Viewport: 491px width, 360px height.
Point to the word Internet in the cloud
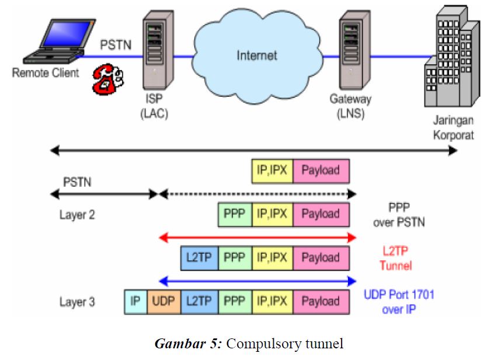pyautogui.click(x=257, y=56)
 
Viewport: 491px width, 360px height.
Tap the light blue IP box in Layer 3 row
pyautogui.click(x=135, y=302)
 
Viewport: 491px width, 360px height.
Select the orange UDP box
pyautogui.click(x=164, y=302)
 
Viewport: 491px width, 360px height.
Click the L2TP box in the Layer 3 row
pyautogui.click(x=199, y=302)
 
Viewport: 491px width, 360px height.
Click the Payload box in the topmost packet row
pyautogui.click(x=321, y=170)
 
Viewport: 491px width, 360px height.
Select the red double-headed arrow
pyautogui.click(x=257, y=237)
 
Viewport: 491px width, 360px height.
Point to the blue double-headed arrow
pyautogui.click(x=257, y=281)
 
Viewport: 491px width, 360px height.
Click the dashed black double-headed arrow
pyautogui.click(x=257, y=194)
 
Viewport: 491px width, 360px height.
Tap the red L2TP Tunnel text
pyautogui.click(x=396, y=258)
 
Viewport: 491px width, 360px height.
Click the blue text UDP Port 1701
pyautogui.click(x=399, y=295)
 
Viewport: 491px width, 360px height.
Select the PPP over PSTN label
pyautogui.click(x=400, y=214)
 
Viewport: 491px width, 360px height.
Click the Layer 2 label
pyautogui.click(x=77, y=215)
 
